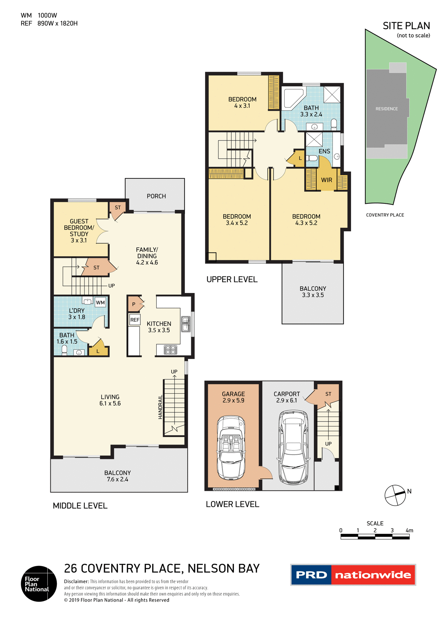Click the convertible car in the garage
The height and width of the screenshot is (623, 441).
pos(231,448)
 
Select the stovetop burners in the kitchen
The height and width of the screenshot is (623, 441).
pos(170,349)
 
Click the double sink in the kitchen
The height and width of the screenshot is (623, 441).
pos(186,324)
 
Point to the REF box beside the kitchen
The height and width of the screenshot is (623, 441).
pos(135,320)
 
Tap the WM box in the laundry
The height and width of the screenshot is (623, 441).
pos(100,302)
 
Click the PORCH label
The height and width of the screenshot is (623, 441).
pos(156,196)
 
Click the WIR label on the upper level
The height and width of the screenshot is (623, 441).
pos(326,180)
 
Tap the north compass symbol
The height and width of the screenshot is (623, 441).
pos(395,495)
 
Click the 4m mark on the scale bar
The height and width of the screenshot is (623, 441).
pos(409,531)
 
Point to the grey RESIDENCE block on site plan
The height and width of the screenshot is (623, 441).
pos(386,109)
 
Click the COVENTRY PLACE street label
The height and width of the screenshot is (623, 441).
pos(385,215)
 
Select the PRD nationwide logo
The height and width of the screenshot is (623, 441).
pos(353,575)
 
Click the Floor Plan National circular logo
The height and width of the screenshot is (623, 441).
pos(39,584)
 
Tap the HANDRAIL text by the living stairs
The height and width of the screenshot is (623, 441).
pos(160,407)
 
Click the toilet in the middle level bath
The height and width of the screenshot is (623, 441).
pos(64,349)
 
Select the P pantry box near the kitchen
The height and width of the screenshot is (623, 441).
pos(134,304)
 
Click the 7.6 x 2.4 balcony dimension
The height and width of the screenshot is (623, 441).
pos(117,479)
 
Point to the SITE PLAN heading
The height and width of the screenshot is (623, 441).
pos(406,26)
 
